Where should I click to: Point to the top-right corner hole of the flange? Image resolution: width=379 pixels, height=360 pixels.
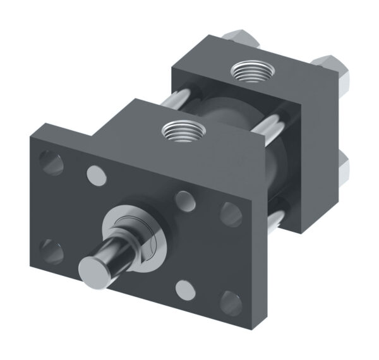point(231,213)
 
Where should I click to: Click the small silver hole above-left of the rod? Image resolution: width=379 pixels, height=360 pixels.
point(96,173)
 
